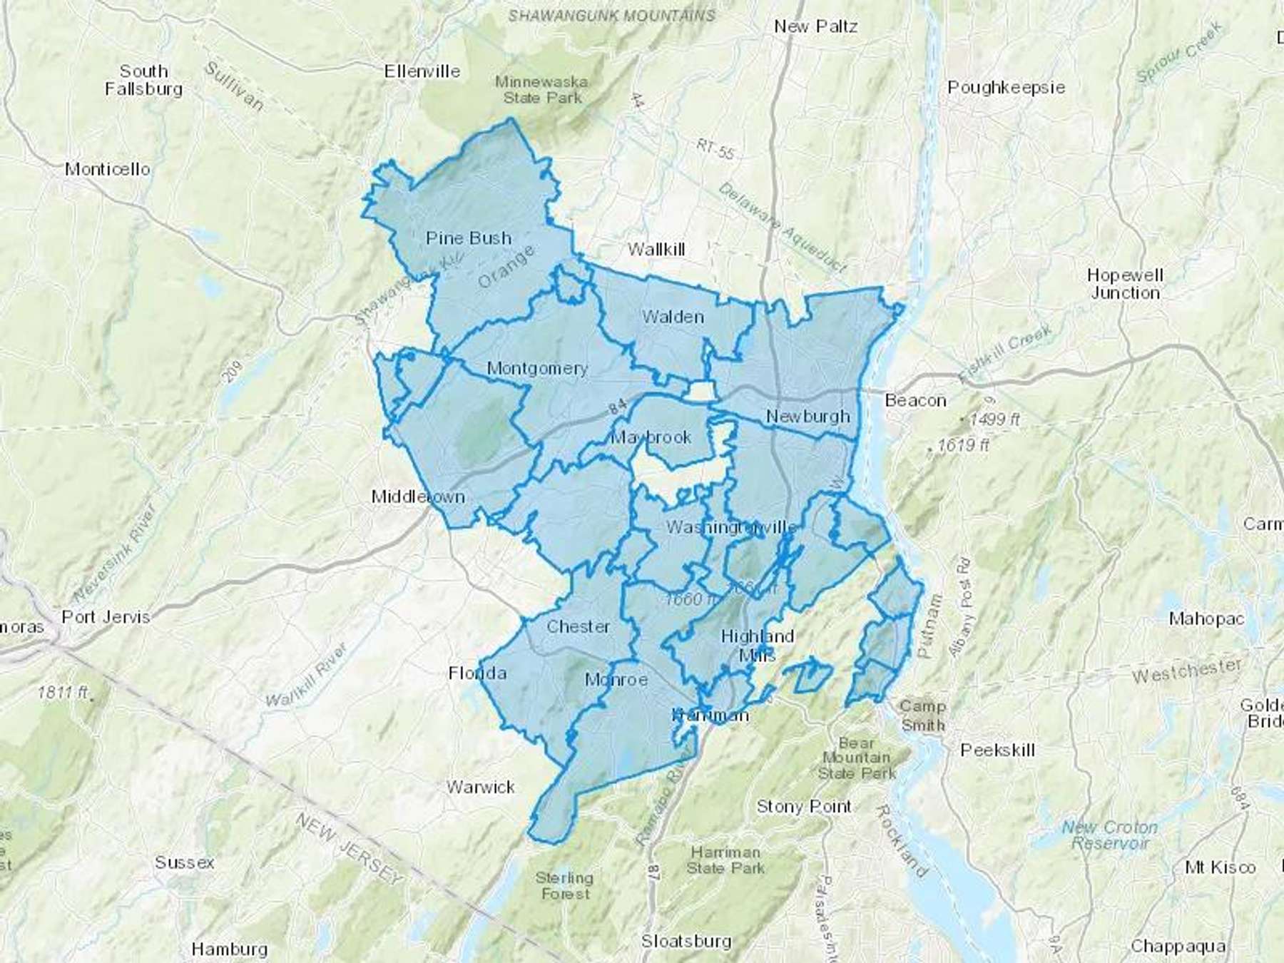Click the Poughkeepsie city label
click(1006, 88)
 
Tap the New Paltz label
click(815, 26)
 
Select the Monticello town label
click(107, 169)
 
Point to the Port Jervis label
click(106, 617)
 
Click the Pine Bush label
click(469, 238)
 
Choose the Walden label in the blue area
click(673, 317)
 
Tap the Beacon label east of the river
click(915, 400)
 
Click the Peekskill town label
click(997, 750)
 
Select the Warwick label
click(480, 787)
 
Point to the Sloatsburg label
click(686, 941)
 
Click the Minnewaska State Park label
click(542, 90)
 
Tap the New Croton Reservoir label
click(1109, 835)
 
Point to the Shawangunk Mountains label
click(611, 15)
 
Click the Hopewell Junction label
click(1125, 284)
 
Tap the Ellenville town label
click(422, 71)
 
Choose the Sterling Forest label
click(564, 885)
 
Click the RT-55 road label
click(715, 149)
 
